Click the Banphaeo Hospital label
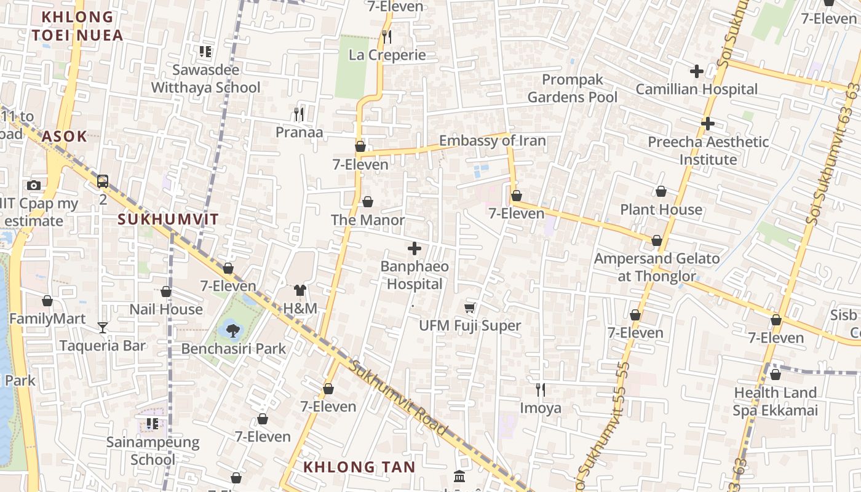pos(415,275)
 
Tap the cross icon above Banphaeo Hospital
pos(415,248)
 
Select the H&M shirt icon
pos(300,290)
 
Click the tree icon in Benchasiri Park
pos(232,331)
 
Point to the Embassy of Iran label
pos(492,140)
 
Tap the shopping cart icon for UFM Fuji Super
pos(470,307)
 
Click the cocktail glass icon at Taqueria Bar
pos(103,328)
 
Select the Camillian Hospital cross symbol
pos(696,71)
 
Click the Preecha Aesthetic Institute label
pos(708,151)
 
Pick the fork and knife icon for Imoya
pos(540,389)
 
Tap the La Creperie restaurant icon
pos(387,37)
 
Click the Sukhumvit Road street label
pos(399,398)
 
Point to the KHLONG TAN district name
pos(359,467)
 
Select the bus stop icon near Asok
pos(103,181)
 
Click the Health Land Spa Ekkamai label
pos(775,401)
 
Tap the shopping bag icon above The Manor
pos(367,202)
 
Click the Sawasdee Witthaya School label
pos(205,78)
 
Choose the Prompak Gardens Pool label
pos(573,88)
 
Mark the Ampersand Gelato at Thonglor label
pos(656,267)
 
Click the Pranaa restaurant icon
pos(299,114)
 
